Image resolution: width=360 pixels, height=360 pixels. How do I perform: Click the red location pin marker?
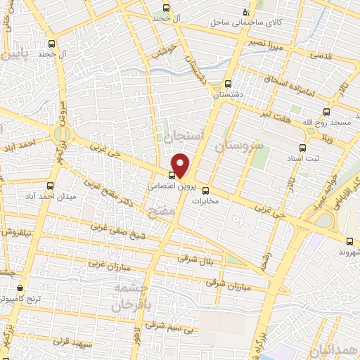pos(181,165)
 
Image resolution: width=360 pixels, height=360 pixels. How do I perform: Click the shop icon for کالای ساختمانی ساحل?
pos(245,11)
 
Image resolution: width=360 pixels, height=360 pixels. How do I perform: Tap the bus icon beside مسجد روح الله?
pos(326,112)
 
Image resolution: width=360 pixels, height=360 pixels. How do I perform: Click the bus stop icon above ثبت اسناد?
pos(302,148)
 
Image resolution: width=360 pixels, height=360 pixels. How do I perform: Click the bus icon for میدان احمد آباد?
pos(49,186)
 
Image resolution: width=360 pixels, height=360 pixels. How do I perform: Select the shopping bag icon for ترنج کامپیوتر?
pos(20,288)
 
